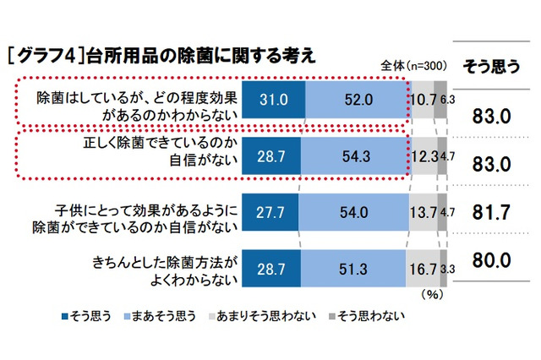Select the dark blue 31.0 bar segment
tap(272, 100)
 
